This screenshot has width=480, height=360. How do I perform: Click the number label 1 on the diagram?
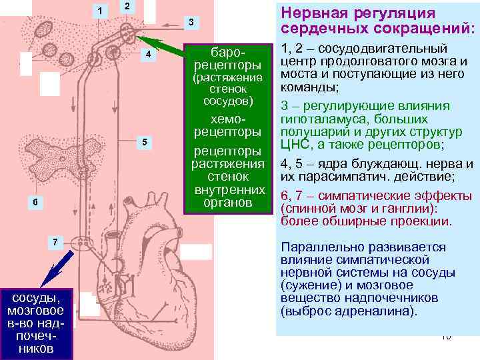[100, 11]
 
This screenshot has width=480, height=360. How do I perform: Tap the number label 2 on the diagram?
[127, 6]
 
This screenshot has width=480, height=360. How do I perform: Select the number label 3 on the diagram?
[191, 23]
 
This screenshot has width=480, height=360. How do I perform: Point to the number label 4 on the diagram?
[149, 53]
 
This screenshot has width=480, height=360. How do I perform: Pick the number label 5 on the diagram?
[145, 141]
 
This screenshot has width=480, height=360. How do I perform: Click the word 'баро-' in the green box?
[227, 52]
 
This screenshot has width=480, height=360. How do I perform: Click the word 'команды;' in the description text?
[310, 87]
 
